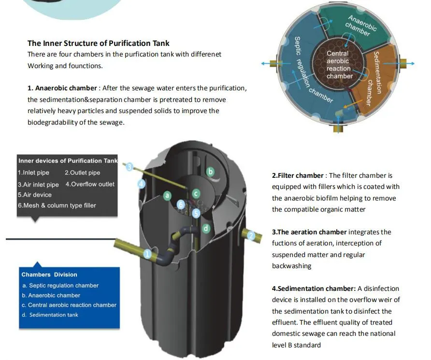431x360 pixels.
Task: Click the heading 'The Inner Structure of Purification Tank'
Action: pyautogui.click(x=99, y=43)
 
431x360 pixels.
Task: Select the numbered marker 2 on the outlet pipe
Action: pyautogui.click(x=251, y=236)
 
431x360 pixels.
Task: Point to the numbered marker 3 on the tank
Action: pyautogui.click(x=129, y=167)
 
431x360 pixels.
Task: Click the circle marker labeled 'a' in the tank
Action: pyautogui.click(x=167, y=196)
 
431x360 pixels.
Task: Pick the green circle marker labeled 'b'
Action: pyautogui.click(x=210, y=171)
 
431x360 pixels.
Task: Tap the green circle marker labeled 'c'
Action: pyautogui.click(x=196, y=193)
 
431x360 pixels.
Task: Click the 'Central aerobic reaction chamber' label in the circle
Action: pyautogui.click(x=339, y=65)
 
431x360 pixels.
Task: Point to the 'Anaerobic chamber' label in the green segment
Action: pyautogui.click(x=360, y=26)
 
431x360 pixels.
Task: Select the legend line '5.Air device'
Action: pyautogui.click(x=35, y=195)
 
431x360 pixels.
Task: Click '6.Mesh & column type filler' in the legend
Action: pyautogui.click(x=57, y=205)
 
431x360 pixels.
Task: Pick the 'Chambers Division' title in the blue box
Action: pyautogui.click(x=49, y=274)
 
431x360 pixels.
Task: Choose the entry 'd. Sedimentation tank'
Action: pyautogui.click(x=50, y=315)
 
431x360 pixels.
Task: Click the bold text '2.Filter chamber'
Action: pyautogui.click(x=298, y=175)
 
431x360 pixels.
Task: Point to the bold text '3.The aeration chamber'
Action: pyautogui.click(x=309, y=232)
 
